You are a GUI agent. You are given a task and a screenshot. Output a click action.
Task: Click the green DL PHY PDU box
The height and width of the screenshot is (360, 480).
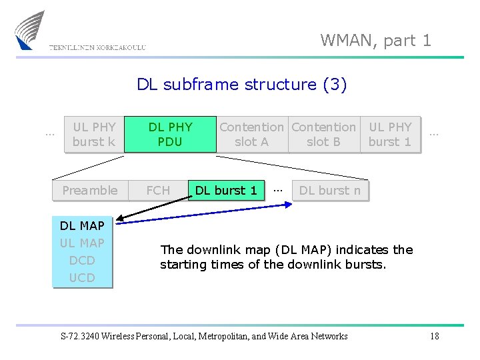170,134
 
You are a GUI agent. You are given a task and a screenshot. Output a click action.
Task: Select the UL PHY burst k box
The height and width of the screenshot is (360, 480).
94,134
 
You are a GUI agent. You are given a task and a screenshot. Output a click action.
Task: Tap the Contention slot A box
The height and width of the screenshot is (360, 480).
251,134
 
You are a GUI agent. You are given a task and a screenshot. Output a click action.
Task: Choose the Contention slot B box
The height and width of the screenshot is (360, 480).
323,134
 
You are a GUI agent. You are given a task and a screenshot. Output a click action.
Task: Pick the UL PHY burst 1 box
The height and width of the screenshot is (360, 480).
390,134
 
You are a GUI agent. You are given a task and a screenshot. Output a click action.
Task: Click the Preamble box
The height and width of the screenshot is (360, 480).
89,191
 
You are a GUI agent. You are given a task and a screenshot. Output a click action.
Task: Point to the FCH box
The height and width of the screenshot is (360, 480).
158,191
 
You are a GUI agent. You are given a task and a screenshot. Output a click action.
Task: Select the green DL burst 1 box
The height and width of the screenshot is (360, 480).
226,191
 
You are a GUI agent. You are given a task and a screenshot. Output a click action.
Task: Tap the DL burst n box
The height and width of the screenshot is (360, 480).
330,191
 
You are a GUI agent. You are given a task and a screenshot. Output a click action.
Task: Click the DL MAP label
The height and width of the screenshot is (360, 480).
82,226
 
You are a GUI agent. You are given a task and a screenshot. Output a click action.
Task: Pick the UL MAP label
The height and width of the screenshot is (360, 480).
82,243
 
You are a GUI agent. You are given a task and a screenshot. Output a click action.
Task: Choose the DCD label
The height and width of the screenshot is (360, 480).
82,261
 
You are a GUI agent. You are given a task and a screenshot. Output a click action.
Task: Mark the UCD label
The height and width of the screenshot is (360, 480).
82,277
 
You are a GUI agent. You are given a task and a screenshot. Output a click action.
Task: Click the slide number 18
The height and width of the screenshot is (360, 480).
434,336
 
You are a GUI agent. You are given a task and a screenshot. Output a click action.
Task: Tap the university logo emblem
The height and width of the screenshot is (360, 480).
30,30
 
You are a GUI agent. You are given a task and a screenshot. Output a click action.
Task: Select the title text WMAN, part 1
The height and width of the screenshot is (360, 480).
375,41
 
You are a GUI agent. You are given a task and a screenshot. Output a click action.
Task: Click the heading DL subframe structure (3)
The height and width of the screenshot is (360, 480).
241,85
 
